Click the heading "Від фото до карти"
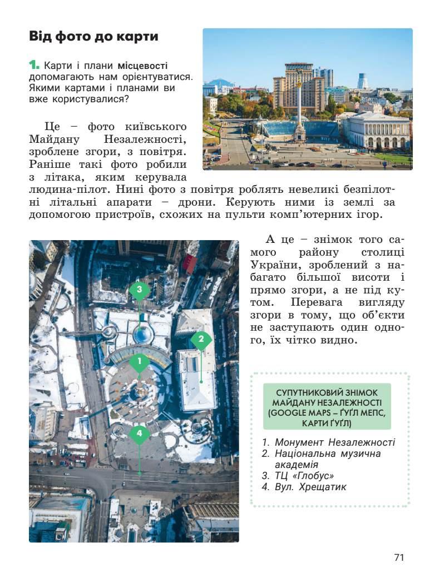pyautogui.click(x=93, y=37)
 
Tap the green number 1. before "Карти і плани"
pyautogui.click(x=34, y=65)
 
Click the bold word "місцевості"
pyautogui.click(x=142, y=66)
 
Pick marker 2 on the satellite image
pyautogui.click(x=201, y=339)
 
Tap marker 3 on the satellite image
pyautogui.click(x=140, y=290)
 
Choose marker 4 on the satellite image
pyautogui.click(x=140, y=433)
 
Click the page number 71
pyautogui.click(x=398, y=557)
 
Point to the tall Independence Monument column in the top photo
pyautogui.click(x=299, y=100)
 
